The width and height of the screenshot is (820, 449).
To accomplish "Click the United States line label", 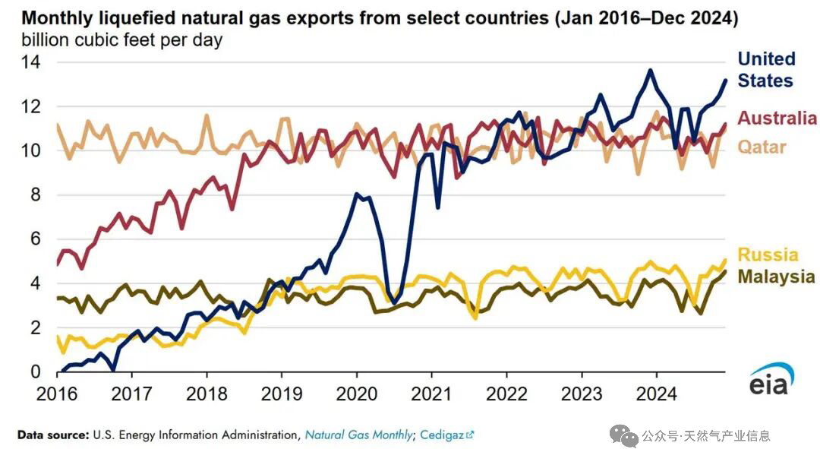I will pyautogui.click(x=766, y=70).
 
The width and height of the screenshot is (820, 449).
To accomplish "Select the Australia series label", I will pyautogui.click(x=777, y=118).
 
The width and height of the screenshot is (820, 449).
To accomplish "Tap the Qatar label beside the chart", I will pyautogui.click(x=762, y=146).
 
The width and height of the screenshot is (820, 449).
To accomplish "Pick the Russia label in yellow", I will pyautogui.click(x=768, y=255).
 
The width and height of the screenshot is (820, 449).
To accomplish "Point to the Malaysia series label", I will pyautogui.click(x=776, y=277).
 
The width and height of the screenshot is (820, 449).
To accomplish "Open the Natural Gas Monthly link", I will pyautogui.click(x=358, y=435).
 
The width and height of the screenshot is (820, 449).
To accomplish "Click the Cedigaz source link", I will pyautogui.click(x=445, y=435).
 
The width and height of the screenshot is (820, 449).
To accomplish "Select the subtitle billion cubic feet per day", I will pyautogui.click(x=121, y=40).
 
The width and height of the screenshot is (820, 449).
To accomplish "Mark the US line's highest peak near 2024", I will pyautogui.click(x=650, y=71).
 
